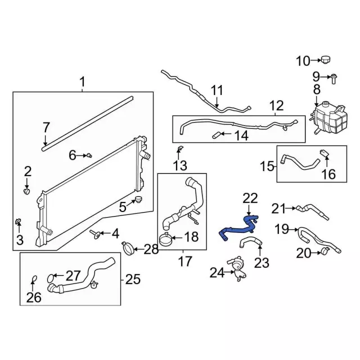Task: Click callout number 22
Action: [250, 198]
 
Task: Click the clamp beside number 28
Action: [129, 246]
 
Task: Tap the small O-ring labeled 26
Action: [33, 279]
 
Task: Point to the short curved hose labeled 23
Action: [251, 243]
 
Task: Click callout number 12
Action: [276, 105]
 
